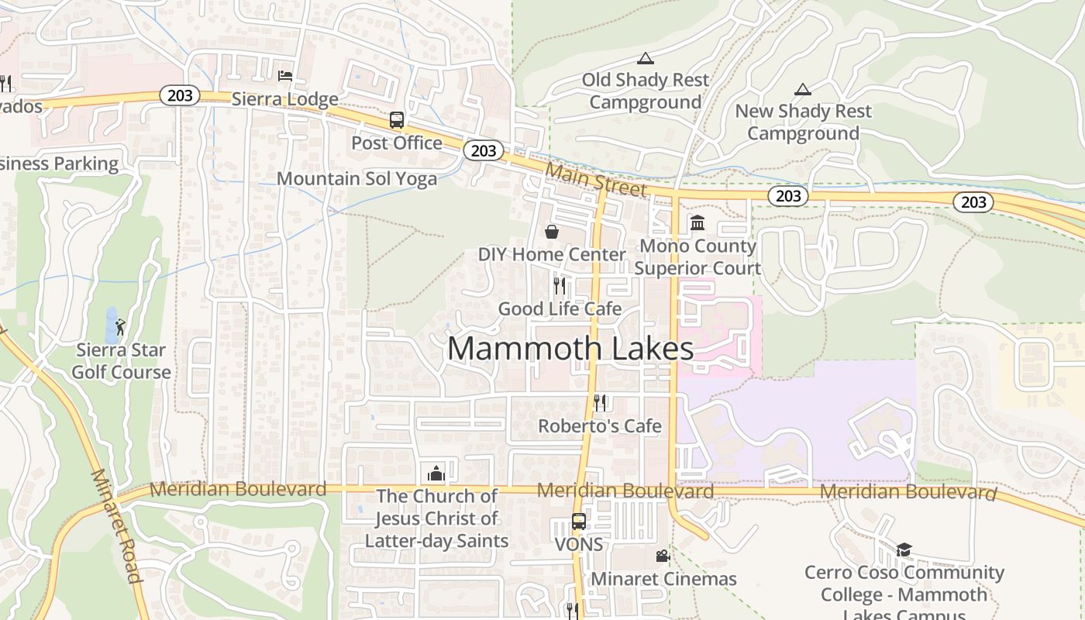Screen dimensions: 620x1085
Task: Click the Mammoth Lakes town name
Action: pyautogui.click(x=570, y=349)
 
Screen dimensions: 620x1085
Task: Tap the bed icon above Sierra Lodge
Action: pyautogui.click(x=285, y=76)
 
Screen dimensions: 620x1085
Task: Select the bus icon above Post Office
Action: pyautogui.click(x=397, y=120)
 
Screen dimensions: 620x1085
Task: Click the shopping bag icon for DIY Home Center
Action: pyautogui.click(x=552, y=232)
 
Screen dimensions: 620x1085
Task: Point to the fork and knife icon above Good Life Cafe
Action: pyautogui.click(x=560, y=286)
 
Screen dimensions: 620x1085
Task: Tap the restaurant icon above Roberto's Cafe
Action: pyautogui.click(x=600, y=402)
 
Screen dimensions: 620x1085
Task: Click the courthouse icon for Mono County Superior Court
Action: pyautogui.click(x=697, y=223)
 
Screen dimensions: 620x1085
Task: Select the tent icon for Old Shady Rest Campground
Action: pyautogui.click(x=645, y=58)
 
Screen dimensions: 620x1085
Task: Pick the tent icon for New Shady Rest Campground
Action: pyautogui.click(x=803, y=89)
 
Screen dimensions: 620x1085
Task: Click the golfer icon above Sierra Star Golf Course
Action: pyautogui.click(x=119, y=328)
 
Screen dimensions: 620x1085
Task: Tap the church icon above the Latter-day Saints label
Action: pyautogui.click(x=436, y=473)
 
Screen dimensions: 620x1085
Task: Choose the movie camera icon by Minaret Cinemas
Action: pyautogui.click(x=663, y=556)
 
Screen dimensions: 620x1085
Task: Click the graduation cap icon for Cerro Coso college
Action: pyautogui.click(x=904, y=550)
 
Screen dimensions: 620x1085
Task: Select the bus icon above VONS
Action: pyautogui.click(x=579, y=522)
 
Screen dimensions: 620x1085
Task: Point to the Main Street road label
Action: pyautogui.click(x=595, y=179)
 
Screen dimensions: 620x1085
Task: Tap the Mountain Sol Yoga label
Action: pyautogui.click(x=356, y=179)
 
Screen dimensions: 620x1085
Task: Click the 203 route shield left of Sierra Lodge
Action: pyautogui.click(x=180, y=96)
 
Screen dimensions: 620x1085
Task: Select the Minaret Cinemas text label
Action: pyautogui.click(x=663, y=579)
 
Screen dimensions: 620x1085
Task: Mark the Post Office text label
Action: pyautogui.click(x=397, y=143)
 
